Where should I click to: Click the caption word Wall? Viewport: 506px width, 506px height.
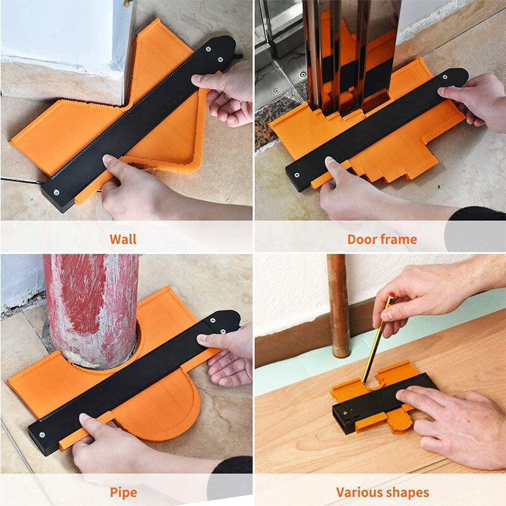[x=123, y=239]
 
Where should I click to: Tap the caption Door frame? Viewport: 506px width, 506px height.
[x=382, y=239]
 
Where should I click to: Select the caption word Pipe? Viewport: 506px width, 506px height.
[x=123, y=492]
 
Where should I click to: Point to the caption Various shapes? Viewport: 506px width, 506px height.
[x=382, y=492]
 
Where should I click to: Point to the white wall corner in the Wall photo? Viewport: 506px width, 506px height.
[x=63, y=32]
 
